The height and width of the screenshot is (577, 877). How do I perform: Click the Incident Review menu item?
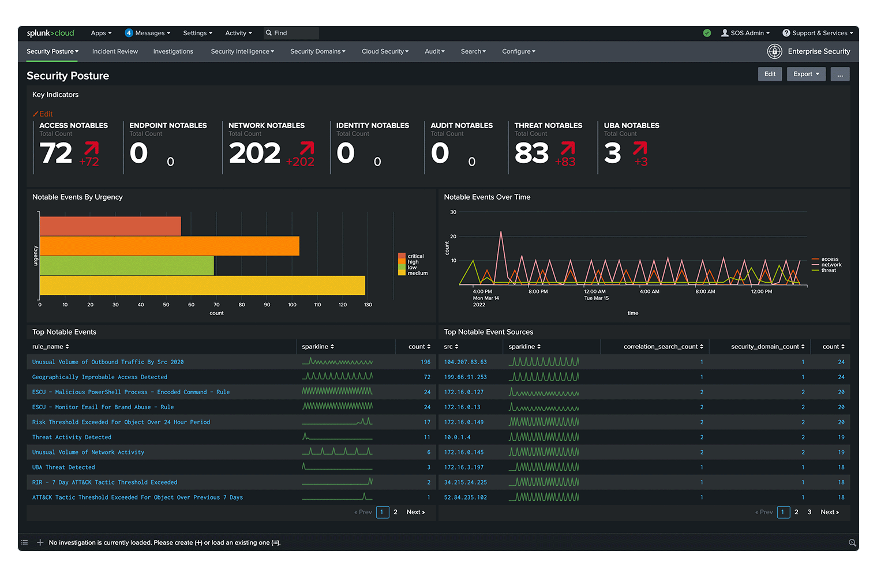tap(115, 51)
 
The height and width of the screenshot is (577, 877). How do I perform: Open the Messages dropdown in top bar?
tap(148, 33)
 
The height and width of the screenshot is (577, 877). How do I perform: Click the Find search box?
tap(291, 33)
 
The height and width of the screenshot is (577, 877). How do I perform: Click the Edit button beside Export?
tap(770, 74)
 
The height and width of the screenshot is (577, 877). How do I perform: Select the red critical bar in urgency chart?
tap(110, 226)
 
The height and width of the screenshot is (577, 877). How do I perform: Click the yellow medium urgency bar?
tap(202, 285)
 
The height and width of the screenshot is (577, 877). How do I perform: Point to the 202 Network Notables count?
tap(254, 153)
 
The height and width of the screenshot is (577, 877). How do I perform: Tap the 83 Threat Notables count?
tap(531, 153)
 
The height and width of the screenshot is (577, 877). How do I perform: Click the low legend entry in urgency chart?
tap(411, 268)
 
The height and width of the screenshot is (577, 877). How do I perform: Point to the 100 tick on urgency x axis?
tap(292, 305)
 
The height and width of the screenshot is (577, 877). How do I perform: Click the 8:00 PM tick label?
tap(538, 292)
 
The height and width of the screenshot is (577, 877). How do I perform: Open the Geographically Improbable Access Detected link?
tap(100, 377)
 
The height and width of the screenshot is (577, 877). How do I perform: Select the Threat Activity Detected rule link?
tap(72, 437)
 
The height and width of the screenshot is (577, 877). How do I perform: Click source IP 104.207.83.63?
tap(466, 362)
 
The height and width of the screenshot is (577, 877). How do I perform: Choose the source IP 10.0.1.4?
tap(458, 437)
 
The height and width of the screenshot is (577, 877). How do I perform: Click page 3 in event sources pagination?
tap(809, 512)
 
